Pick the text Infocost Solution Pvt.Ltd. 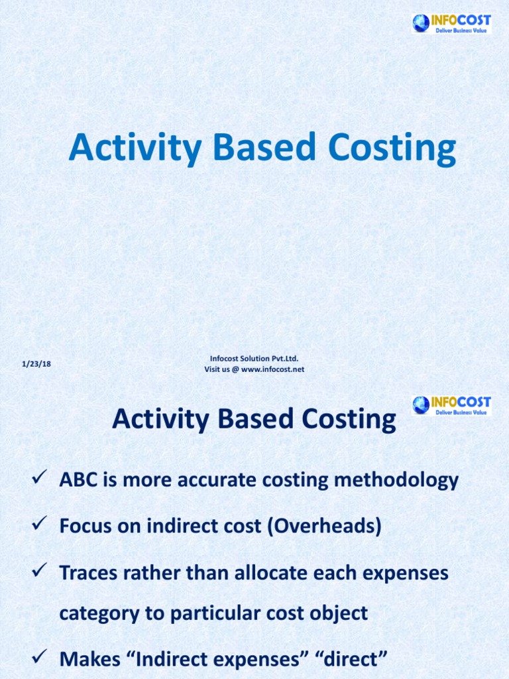click(x=254, y=359)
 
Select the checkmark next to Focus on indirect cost click(x=38, y=526)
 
